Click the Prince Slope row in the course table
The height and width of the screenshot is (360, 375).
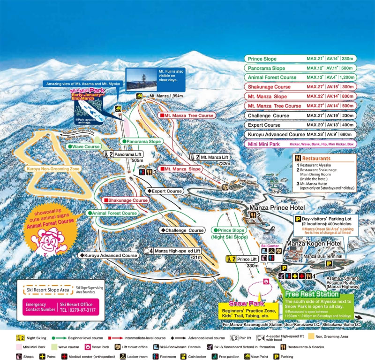300,59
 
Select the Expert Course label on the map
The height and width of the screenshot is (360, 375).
165,191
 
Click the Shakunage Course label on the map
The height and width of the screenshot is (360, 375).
126,200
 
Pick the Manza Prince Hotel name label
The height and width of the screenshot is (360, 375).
277,207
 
